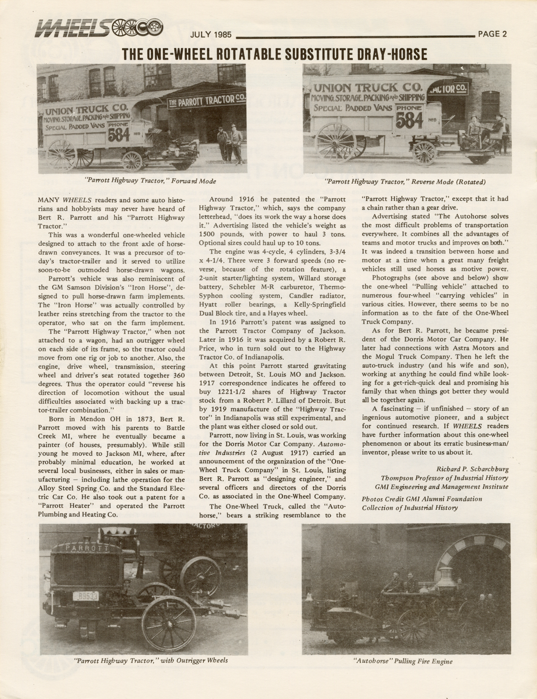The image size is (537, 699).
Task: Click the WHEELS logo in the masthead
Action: coord(99,29)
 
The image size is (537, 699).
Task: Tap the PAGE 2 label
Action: coord(493,35)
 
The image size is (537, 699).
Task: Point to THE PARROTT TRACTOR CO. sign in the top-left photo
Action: coord(207,101)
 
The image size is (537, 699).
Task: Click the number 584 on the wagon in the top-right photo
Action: coord(409,121)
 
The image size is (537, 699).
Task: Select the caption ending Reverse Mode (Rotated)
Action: coord(405,182)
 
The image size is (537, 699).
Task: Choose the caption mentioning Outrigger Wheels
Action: coord(151,660)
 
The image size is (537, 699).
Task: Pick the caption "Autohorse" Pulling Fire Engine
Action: coord(403,661)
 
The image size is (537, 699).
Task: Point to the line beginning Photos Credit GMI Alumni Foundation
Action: coord(422,499)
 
